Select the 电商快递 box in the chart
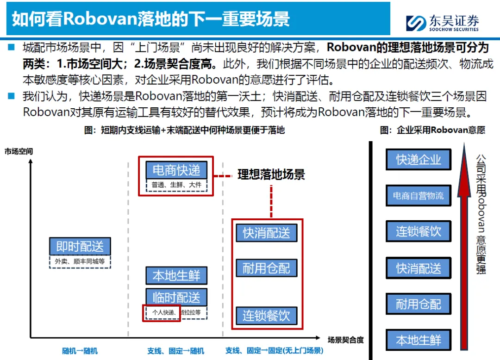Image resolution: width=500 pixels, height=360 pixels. click(176, 170)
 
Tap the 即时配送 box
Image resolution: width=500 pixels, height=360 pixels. click(80, 247)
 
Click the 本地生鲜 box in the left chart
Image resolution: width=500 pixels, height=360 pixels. click(176, 276)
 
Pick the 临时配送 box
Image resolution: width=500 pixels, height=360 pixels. click(176, 298)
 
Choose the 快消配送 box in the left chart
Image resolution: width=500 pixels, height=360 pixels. click(267, 232)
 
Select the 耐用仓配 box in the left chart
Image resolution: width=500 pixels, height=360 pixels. click(267, 268)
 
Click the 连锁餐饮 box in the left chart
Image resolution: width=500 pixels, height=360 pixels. click(267, 316)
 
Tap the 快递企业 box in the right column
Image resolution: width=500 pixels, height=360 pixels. click(419, 160)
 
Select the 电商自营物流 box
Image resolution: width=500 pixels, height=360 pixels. click(419, 196)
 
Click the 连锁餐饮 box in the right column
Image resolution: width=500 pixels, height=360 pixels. click(419, 231)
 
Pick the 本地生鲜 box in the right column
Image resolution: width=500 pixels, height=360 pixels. click(419, 340)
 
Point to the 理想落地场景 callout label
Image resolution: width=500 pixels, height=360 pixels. click(271, 175)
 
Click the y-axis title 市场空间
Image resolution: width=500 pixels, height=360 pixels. click(19, 151)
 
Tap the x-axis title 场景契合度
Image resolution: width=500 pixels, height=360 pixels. click(345, 340)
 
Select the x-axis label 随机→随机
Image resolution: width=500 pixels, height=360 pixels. click(80, 351)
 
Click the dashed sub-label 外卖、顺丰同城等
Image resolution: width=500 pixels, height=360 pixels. click(80, 261)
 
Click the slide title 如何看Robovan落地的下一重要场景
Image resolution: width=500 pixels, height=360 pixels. click(151, 19)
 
